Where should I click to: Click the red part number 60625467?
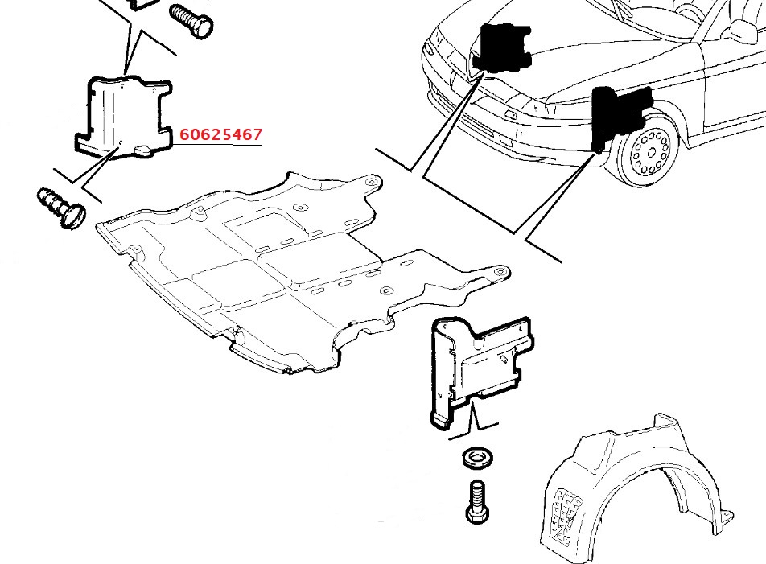pyautogui.click(x=220, y=134)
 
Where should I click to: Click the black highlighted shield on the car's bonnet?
pyautogui.click(x=501, y=47)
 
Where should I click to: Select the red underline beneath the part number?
pyautogui.click(x=220, y=143)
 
